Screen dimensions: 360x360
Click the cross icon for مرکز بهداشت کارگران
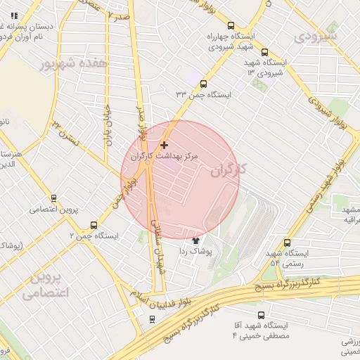tap(165, 145)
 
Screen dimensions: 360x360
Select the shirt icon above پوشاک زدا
tap(195, 240)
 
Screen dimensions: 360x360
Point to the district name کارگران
tap(225, 169)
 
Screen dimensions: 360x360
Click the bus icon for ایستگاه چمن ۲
tap(94, 225)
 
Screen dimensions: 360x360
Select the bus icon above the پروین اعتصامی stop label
tap(55, 198)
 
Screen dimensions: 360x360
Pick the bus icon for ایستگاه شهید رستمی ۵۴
tap(285, 243)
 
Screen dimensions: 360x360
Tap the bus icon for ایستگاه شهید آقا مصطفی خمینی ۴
tap(262, 316)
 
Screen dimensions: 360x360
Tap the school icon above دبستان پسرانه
tap(15, 15)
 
